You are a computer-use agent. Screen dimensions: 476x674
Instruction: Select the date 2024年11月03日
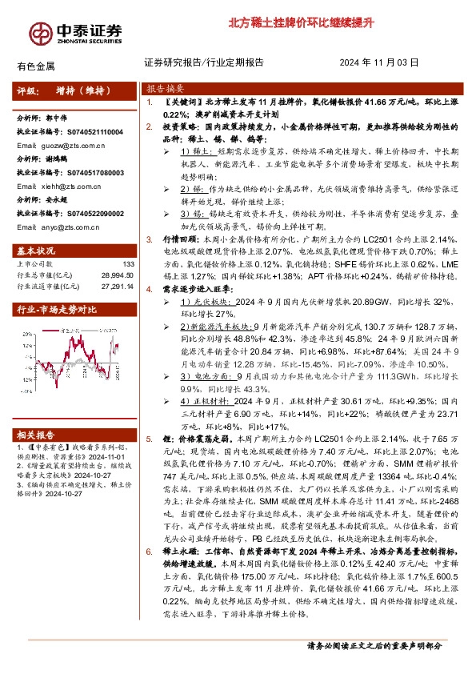[x=379, y=62]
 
